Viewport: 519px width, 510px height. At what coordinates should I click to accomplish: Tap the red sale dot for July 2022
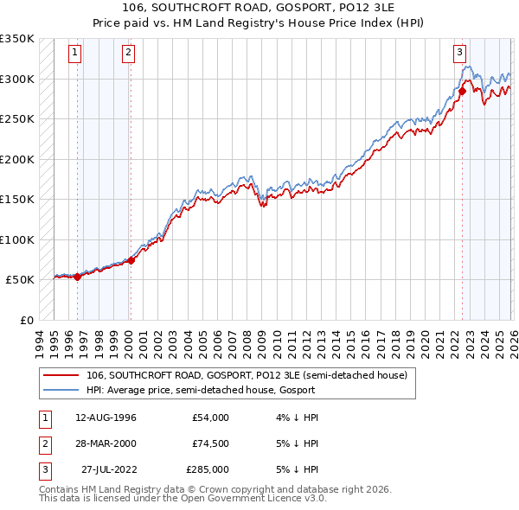(x=462, y=91)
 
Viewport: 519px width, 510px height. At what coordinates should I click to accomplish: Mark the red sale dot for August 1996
(x=77, y=277)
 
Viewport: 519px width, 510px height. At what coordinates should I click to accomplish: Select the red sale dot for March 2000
(x=131, y=260)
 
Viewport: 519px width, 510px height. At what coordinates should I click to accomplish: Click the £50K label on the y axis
(x=20, y=280)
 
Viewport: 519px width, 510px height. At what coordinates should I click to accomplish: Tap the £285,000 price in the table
(x=207, y=469)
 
